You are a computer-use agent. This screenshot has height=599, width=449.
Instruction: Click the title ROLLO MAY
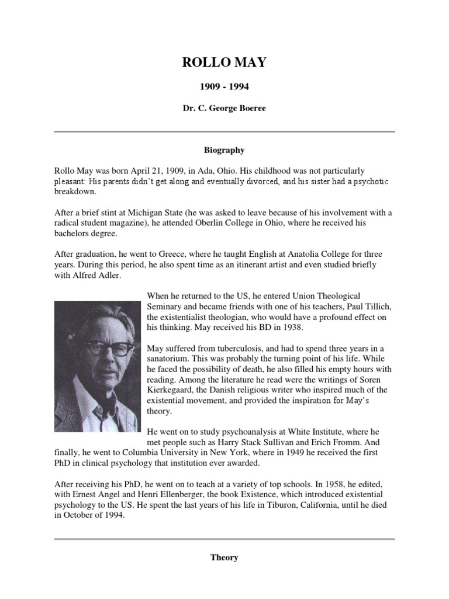coord(224,63)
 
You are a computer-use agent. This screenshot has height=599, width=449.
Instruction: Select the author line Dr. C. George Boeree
coord(224,109)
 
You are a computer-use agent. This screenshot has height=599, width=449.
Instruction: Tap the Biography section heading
coord(224,150)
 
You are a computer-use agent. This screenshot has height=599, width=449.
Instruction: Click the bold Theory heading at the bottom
coord(224,557)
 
